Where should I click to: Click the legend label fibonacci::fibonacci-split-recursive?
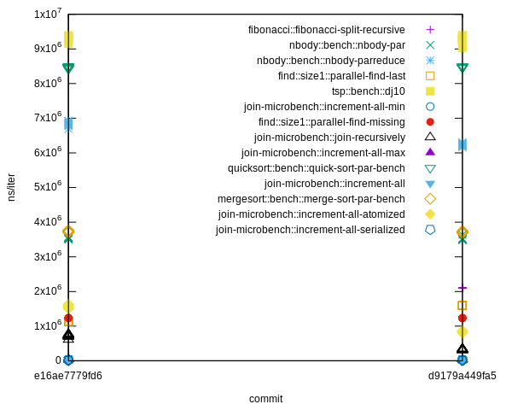(326, 30)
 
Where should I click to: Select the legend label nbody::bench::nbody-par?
(346, 45)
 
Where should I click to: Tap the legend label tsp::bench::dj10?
(368, 91)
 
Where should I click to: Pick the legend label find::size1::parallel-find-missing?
(331, 122)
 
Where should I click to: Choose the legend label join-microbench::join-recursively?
(329, 138)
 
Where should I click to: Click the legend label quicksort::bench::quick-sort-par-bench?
(316, 168)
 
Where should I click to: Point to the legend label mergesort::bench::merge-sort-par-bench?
(311, 199)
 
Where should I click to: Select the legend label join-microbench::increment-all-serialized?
(310, 230)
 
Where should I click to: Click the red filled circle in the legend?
(430, 122)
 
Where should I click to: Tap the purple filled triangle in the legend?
(430, 152)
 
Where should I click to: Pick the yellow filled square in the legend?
(430, 91)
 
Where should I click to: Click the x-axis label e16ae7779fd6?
(68, 376)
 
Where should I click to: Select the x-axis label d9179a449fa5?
(462, 376)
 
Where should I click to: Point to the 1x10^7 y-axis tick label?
(47, 14)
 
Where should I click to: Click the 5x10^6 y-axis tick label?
(47, 187)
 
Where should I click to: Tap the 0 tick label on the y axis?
(58, 360)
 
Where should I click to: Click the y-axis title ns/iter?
(11, 187)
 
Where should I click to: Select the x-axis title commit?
(265, 399)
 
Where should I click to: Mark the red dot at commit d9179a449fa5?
(463, 318)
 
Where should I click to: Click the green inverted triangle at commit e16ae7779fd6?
(68, 68)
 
